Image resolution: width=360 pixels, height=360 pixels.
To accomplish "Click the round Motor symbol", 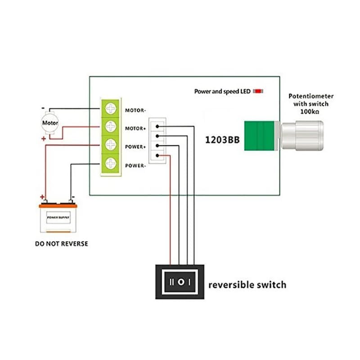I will (50, 122).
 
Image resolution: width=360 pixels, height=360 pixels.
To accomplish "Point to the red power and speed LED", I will (258, 91).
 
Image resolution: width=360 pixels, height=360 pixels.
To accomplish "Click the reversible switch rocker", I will (180, 282).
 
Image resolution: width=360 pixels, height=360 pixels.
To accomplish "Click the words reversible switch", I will (247, 285).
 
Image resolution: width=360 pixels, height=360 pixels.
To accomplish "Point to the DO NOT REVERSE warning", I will (62, 244).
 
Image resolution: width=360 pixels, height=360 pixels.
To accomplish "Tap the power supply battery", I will (58, 218).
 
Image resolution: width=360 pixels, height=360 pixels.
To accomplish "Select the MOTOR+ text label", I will (135, 129).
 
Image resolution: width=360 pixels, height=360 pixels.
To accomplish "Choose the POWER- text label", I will (135, 166).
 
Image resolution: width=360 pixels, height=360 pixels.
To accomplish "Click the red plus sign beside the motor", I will (44, 139).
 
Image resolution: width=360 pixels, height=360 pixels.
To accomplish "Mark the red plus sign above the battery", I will (42, 197).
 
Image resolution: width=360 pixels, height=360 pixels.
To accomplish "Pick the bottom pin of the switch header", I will (157, 156).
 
